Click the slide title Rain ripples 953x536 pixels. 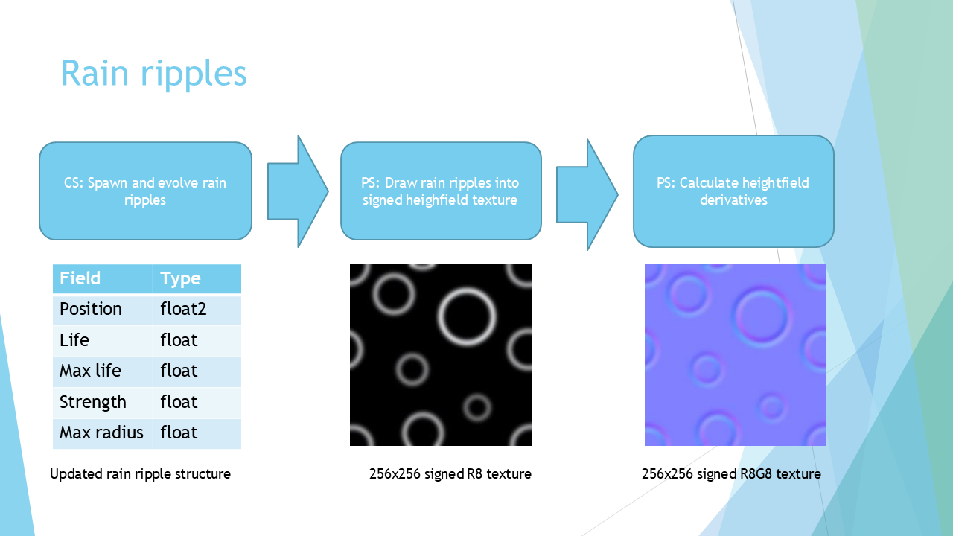(x=153, y=73)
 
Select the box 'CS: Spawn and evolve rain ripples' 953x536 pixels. (x=145, y=191)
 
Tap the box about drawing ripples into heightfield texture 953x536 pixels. (x=441, y=191)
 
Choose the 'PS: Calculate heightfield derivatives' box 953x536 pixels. (x=733, y=191)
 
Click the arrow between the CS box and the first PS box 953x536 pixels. (x=298, y=191)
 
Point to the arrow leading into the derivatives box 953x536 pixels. (x=587, y=194)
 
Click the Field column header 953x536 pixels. (x=103, y=278)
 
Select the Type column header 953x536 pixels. (x=197, y=278)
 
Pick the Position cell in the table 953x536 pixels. (x=103, y=310)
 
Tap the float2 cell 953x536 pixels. (x=197, y=310)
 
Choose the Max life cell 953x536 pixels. (x=103, y=371)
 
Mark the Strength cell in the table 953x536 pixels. (x=103, y=403)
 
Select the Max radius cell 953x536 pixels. (x=103, y=433)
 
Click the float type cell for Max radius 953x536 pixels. (x=197, y=433)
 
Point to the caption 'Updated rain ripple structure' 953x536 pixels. (x=140, y=474)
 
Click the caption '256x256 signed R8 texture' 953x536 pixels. (x=450, y=474)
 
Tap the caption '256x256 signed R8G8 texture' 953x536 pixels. (x=731, y=474)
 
